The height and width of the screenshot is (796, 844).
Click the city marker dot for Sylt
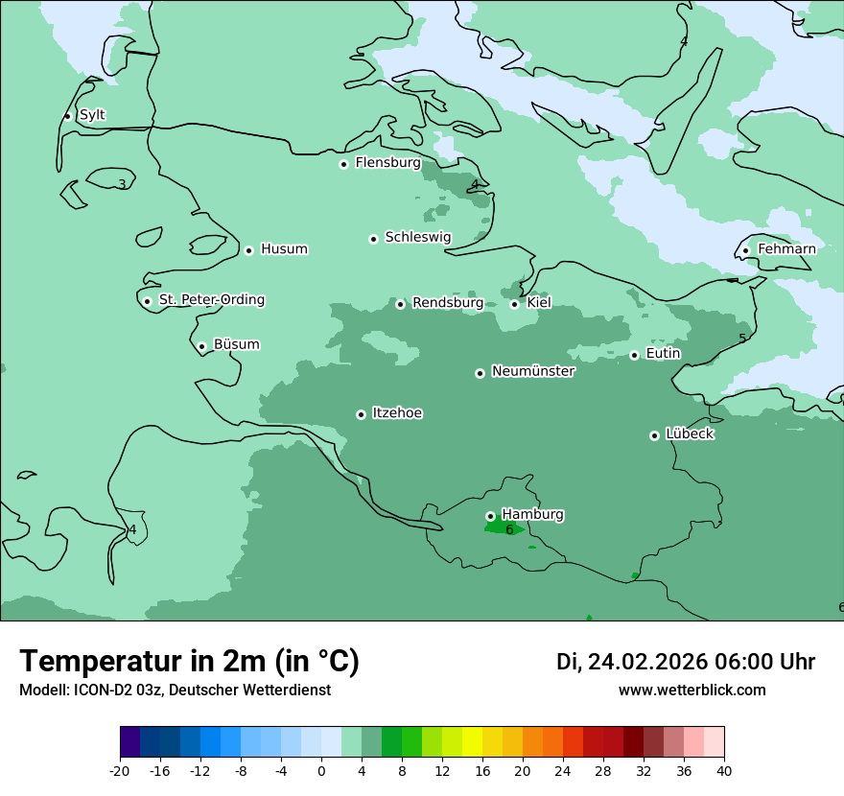(67, 116)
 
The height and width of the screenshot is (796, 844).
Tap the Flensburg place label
(387, 163)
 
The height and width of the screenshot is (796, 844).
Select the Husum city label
(284, 249)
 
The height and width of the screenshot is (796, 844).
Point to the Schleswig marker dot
(373, 239)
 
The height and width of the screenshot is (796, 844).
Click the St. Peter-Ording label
(211, 300)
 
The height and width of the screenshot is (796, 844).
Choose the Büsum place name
(236, 344)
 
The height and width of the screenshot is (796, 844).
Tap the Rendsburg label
(448, 303)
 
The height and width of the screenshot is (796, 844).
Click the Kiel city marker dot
(514, 304)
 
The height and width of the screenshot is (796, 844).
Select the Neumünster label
(533, 371)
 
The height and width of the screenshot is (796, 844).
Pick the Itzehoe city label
(397, 413)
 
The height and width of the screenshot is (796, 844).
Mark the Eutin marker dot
(634, 355)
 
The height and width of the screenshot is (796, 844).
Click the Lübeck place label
(690, 434)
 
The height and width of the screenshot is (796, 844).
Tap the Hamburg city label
(532, 515)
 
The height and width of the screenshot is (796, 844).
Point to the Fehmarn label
(786, 249)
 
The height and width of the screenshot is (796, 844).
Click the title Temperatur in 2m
(189, 661)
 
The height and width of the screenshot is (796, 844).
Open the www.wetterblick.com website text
(692, 690)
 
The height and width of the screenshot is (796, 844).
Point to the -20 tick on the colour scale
(120, 771)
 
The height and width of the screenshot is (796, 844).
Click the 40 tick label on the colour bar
(724, 771)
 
